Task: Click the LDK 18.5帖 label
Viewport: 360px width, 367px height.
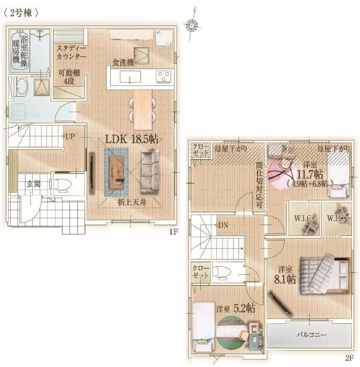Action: [x=132, y=138]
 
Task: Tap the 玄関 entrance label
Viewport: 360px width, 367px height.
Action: [x=34, y=184]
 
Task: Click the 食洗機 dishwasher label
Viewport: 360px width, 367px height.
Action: [x=123, y=62]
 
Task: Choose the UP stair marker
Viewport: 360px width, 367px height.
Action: [x=69, y=136]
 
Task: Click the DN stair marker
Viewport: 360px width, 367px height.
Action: [x=222, y=225]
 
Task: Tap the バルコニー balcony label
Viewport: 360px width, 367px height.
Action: [x=309, y=334]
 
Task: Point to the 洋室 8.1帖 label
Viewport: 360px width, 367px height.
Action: [x=285, y=276]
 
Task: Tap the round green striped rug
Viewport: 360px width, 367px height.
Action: [x=232, y=331]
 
